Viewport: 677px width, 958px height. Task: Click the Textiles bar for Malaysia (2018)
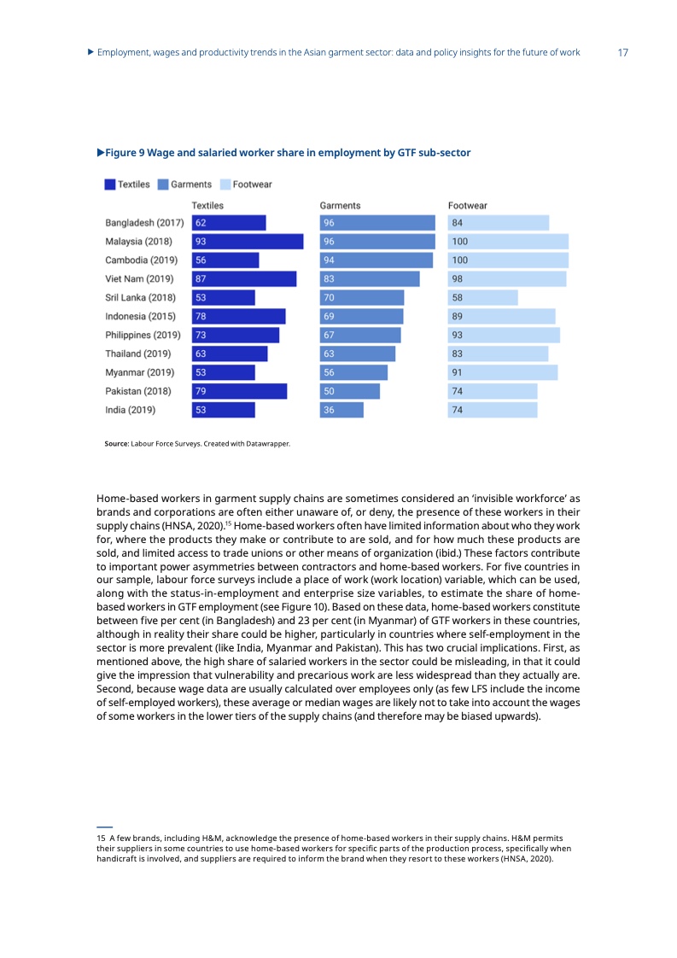coord(248,242)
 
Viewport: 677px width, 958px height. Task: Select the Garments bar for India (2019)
coord(341,410)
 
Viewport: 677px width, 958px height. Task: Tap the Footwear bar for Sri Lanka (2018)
coord(482,297)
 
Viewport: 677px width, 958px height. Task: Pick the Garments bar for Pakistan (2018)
coord(350,391)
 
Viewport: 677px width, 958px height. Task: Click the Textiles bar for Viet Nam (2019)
coord(244,278)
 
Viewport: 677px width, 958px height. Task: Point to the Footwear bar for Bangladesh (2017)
coord(499,223)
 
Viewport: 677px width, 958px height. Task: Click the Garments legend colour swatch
coord(162,184)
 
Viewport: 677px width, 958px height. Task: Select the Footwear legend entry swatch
coord(225,184)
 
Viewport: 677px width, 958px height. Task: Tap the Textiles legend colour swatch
coord(110,184)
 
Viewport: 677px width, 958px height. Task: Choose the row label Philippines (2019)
coord(143,335)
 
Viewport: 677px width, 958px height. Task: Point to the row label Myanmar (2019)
coord(139,372)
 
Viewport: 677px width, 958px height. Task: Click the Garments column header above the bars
coord(340,206)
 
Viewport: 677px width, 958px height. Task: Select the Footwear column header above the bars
coord(468,206)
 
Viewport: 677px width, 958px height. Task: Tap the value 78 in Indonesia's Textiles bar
coord(201,316)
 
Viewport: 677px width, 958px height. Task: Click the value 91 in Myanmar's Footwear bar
coord(458,372)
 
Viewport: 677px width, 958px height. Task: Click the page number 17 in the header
coord(622,53)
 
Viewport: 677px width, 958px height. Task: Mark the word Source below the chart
coord(116,444)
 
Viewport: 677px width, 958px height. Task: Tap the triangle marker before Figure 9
coord(100,153)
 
